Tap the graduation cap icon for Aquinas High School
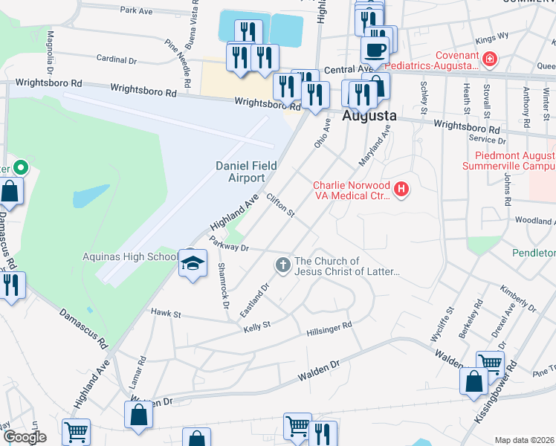193,263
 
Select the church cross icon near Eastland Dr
282,264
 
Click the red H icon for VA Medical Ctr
402,190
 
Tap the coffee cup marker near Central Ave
375,50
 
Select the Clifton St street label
281,207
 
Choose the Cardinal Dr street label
117,58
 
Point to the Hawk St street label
167,314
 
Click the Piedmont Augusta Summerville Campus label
515,163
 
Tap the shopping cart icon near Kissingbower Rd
490,363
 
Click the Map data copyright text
525,440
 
